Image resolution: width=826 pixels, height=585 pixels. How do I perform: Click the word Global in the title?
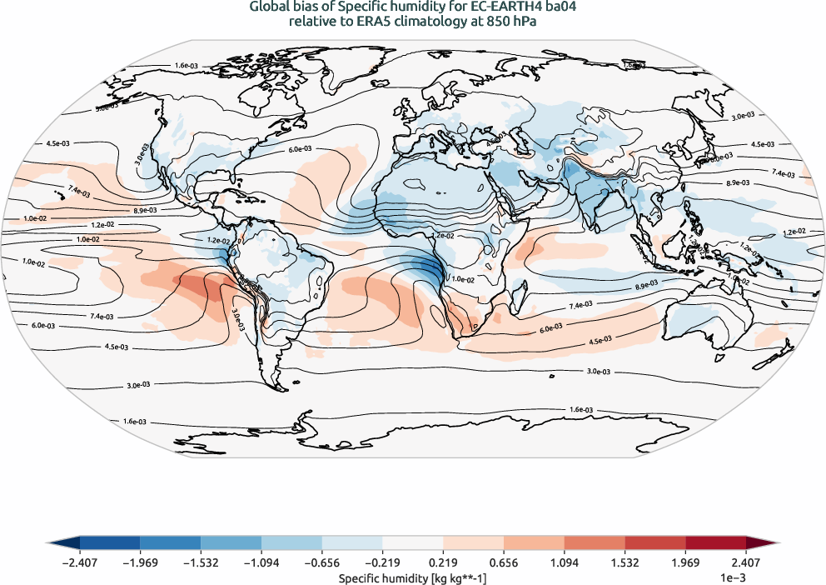coord(269,7)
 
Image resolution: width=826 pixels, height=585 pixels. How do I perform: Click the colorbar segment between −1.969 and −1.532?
coord(171,542)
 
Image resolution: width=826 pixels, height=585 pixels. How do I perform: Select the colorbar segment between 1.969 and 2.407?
coord(715,542)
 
